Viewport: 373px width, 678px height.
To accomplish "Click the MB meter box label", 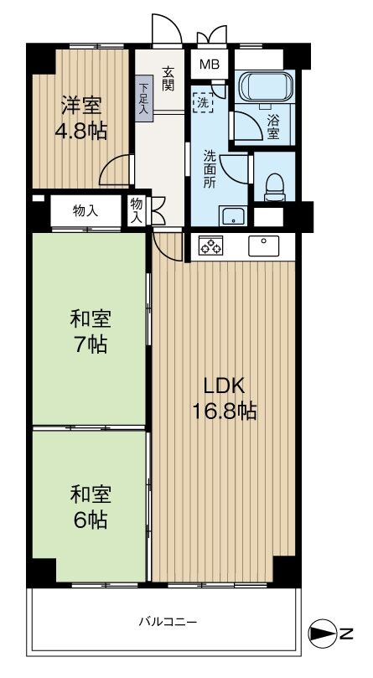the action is point(210,65).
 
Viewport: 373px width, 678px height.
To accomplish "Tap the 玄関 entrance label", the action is point(168,79).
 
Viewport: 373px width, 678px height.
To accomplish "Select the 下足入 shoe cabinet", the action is point(143,98).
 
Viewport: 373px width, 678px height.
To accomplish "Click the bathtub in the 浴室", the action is point(266,86).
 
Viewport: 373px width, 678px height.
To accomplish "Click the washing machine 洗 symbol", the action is point(203,102).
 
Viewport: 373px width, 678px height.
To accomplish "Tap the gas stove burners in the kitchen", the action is point(210,246).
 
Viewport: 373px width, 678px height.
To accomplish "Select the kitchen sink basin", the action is point(263,246).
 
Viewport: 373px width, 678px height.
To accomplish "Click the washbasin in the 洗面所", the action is point(233,216).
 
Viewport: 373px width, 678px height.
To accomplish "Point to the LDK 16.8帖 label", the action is point(225,398).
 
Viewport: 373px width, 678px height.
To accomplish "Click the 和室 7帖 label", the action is point(91,332).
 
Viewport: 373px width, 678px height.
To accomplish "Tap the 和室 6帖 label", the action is point(91,507).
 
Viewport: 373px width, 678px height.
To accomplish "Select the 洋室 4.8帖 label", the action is point(81,118).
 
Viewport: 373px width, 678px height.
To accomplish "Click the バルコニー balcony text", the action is point(168,622).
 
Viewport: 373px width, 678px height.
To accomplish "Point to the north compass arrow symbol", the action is point(323,634).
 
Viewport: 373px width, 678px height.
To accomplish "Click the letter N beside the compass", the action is point(347,634).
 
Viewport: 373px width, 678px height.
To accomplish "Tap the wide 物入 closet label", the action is point(85,211).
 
